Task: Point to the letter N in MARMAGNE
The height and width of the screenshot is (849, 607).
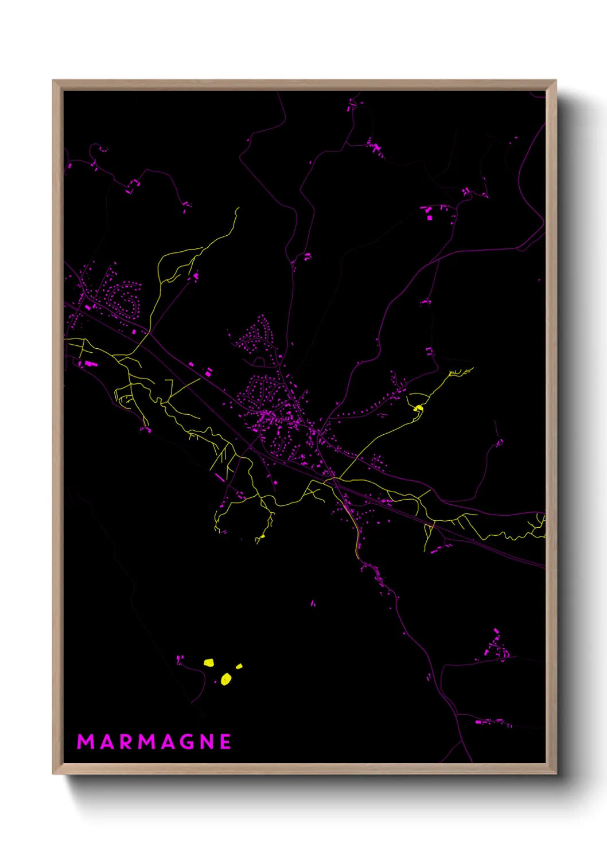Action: [207, 742]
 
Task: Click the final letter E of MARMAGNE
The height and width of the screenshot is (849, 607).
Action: [225, 742]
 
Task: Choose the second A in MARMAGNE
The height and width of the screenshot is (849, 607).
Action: [167, 742]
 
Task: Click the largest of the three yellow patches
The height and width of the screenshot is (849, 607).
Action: [226, 680]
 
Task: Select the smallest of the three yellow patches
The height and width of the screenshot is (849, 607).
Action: [239, 666]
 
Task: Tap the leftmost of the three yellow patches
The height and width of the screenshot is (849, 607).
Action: [209, 663]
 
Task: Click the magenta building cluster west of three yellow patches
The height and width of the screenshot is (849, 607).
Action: [180, 659]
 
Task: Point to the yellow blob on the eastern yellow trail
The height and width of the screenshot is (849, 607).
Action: [419, 408]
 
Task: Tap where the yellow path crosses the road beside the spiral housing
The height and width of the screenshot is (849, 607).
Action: [149, 332]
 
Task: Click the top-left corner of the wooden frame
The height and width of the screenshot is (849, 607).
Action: [53, 81]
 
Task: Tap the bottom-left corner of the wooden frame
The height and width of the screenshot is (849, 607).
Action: [53, 773]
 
